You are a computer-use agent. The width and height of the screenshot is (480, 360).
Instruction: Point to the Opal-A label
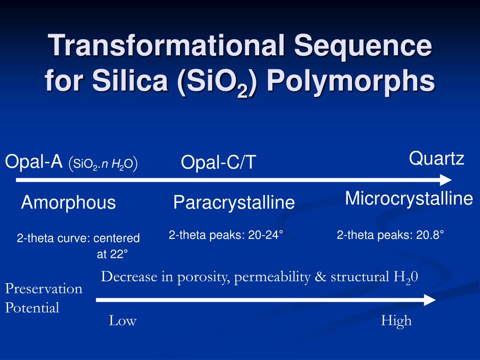pos(34,162)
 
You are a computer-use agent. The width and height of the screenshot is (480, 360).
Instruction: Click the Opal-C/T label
pos(218,163)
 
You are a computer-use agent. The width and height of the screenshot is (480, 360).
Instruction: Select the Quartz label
pos(436,158)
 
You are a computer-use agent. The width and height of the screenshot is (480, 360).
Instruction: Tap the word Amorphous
pos(68,203)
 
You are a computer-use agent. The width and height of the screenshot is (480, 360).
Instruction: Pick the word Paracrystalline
pos(234,203)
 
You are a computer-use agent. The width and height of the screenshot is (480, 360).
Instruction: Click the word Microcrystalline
pos(409,199)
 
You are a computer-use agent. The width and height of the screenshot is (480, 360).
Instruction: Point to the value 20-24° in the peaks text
pos(266,235)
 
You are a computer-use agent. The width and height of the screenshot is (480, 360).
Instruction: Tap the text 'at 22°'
pos(112,255)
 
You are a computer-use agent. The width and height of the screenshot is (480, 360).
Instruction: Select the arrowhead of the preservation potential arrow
pos(430,300)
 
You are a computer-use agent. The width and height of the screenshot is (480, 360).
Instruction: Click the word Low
pos(122,321)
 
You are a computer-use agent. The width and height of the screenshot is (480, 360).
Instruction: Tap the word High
pos(396,321)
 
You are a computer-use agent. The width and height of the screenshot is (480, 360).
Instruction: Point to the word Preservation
pos(44,288)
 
